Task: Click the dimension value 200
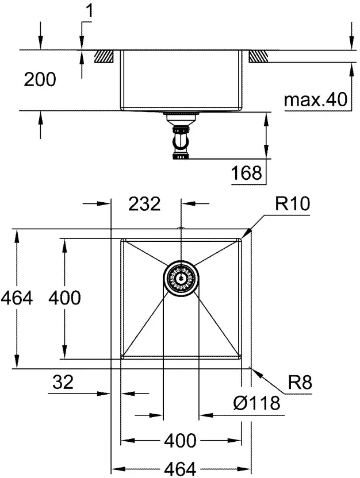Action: click(40, 79)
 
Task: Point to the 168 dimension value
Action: click(248, 172)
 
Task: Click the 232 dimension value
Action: click(144, 203)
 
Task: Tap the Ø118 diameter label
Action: click(256, 403)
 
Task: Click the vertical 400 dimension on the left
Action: click(64, 298)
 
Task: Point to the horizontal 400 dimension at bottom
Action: click(179, 441)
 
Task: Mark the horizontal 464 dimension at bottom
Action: click(179, 468)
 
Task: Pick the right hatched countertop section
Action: click(259, 56)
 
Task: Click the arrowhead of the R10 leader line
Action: click(246, 235)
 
